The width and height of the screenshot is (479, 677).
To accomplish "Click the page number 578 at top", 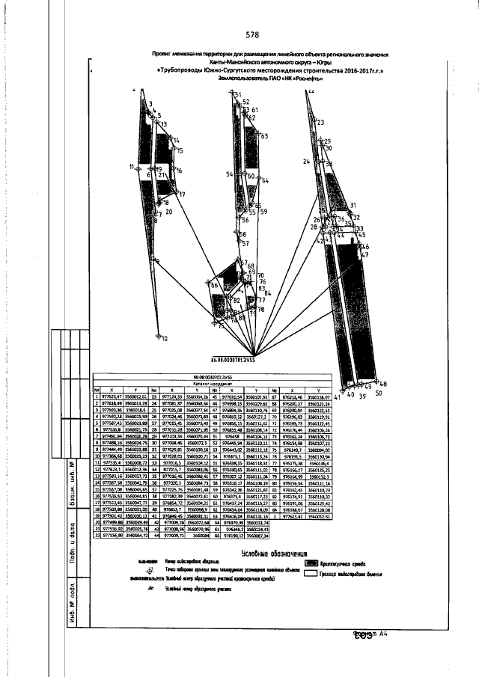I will pos(252,34).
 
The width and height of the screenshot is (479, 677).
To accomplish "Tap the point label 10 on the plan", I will pos(164,338).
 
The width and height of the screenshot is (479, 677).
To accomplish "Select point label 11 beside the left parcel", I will pos(131,165).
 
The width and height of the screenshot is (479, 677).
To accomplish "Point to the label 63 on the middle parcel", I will pos(263,136).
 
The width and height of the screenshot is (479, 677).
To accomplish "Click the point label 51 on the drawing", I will pos(237,96).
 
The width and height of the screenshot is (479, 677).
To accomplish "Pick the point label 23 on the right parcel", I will pos(320,122).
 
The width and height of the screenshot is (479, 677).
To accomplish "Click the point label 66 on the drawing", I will pos(213,286).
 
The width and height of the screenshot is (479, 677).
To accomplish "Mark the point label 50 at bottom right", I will pos(378,392).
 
